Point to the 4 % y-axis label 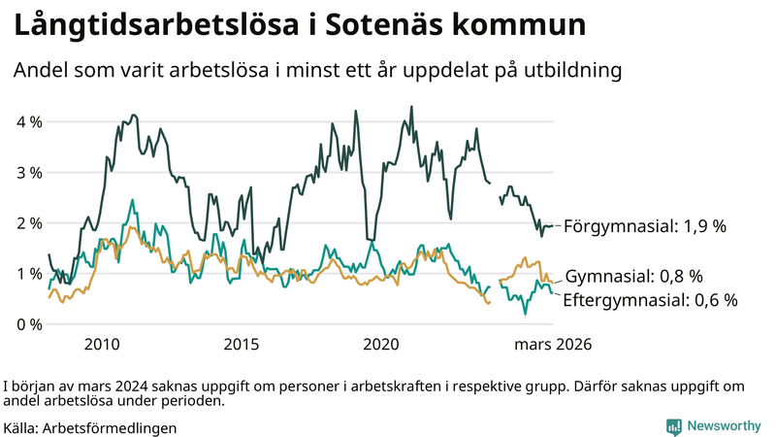[28, 122]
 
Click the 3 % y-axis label [28, 173]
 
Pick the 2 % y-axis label [28, 223]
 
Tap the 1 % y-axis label [28, 274]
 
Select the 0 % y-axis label [28, 324]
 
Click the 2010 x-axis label [102, 345]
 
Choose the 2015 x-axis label [242, 345]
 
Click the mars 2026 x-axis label [553, 345]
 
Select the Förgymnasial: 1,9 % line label [645, 226]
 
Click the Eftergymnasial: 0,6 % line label [650, 300]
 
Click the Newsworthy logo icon [673, 426]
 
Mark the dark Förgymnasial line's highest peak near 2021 [411, 107]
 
